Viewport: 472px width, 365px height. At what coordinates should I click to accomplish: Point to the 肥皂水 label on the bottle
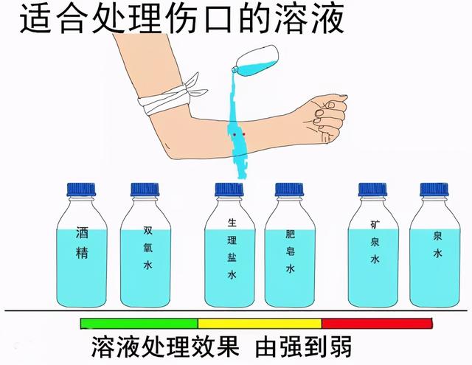click(291, 251)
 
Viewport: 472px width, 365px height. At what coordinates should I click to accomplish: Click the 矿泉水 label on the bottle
click(375, 241)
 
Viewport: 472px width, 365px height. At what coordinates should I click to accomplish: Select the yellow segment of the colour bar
click(260, 323)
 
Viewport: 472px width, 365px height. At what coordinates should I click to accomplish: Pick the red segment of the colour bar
click(376, 323)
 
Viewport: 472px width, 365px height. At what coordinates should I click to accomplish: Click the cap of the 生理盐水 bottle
click(229, 190)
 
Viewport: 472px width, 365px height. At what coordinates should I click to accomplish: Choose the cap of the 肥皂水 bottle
click(290, 190)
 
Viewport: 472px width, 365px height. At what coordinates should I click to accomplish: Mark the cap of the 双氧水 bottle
click(145, 190)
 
